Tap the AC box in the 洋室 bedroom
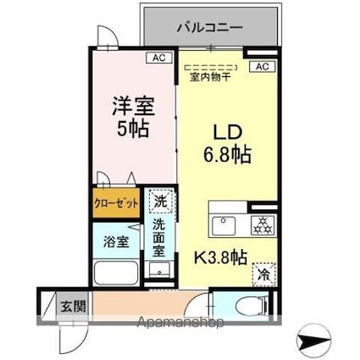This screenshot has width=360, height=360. tap(157, 58)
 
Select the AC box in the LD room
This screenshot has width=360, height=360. tap(261, 66)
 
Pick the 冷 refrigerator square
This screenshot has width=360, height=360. tap(263, 274)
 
